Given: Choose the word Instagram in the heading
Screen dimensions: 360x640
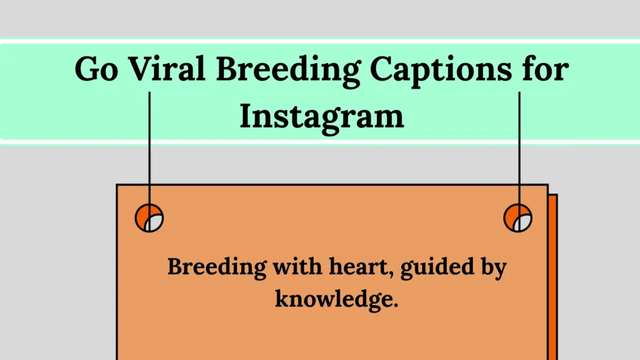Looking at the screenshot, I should pos(321,116).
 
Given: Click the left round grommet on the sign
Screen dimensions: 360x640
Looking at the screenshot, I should pos(149,218).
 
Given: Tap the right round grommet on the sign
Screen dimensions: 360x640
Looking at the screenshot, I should pos(518,218).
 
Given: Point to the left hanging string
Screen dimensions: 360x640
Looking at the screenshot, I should pos(149,150).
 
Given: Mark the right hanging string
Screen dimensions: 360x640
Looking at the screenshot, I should pos(519,150).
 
